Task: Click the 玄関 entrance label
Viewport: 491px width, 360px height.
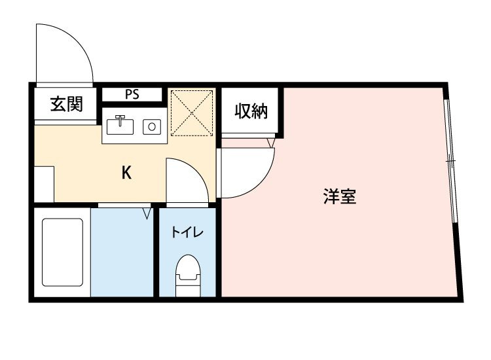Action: coord(66,103)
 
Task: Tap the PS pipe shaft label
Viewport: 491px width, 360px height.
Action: coord(132,94)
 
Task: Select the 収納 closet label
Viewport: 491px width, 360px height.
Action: coord(251,112)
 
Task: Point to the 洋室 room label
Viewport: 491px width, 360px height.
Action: coord(340,196)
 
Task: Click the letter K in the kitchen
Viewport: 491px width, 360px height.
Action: coord(126,173)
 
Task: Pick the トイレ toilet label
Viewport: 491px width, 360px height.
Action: coord(187,232)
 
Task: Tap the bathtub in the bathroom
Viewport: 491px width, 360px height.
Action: coord(62,252)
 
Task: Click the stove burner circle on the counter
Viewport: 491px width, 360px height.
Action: coord(152,125)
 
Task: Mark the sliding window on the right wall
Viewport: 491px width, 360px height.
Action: coord(450,160)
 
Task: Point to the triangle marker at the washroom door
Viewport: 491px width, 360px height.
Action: coord(147,213)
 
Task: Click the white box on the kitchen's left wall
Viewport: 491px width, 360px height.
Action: coord(43,184)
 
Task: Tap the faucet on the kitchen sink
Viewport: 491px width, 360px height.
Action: coord(120,120)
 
